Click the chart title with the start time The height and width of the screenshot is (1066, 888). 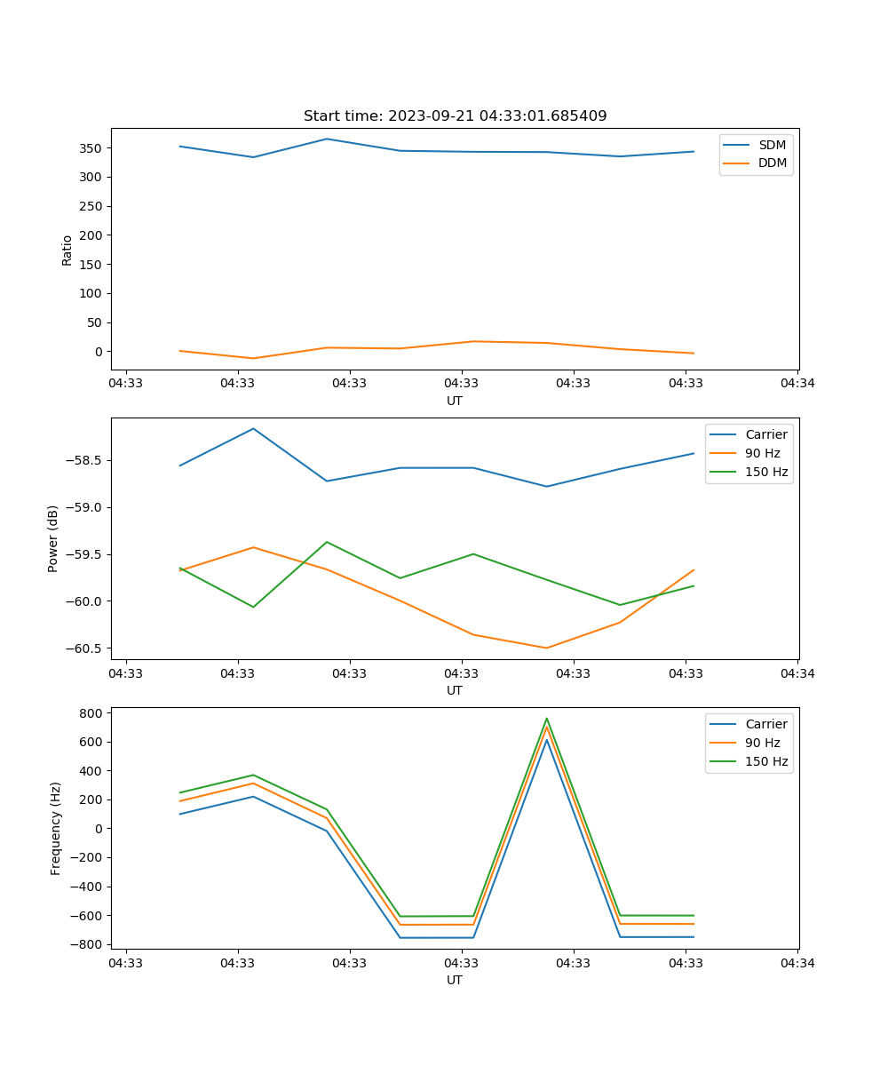click(455, 116)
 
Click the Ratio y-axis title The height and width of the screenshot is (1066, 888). click(67, 250)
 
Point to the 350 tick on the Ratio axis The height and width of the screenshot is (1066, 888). click(93, 148)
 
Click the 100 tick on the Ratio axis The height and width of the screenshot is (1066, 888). click(93, 293)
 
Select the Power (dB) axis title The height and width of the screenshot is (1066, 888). click(53, 538)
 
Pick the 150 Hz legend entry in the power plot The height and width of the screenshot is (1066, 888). click(766, 472)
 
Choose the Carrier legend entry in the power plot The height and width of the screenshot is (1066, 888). click(765, 434)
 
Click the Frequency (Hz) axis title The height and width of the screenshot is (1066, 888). click(55, 828)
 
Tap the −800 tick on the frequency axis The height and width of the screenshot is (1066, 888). click(90, 944)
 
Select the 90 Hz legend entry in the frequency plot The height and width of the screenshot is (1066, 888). click(762, 743)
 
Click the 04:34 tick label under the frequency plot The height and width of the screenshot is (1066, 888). click(797, 962)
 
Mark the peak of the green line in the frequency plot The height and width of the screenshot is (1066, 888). click(547, 719)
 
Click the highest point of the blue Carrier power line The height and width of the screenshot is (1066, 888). click(253, 429)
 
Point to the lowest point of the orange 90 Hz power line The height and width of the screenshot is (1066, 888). click(547, 648)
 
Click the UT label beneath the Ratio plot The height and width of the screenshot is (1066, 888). click(455, 401)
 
